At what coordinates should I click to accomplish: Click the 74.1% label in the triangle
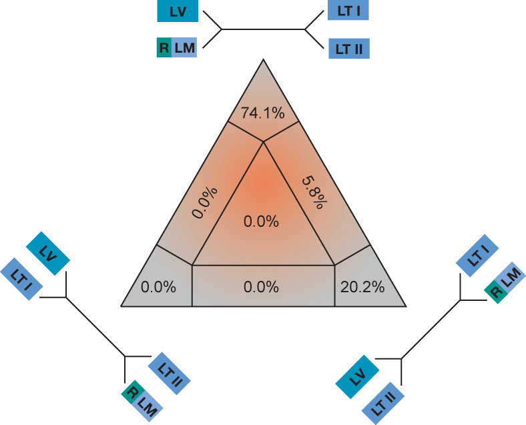click(x=263, y=113)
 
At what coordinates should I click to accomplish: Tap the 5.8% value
click(x=314, y=193)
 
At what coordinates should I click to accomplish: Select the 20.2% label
click(x=362, y=288)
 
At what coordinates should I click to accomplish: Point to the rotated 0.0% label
click(x=205, y=202)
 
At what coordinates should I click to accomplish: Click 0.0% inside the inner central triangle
click(x=261, y=222)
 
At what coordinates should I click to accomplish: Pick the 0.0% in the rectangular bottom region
click(x=261, y=288)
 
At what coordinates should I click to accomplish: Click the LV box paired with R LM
click(x=178, y=11)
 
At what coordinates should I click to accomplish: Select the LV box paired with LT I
click(x=48, y=254)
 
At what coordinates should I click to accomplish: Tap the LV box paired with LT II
click(x=357, y=377)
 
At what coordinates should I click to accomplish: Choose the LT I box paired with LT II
click(x=348, y=11)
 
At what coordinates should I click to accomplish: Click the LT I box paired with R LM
click(x=477, y=256)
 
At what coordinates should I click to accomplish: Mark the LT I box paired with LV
click(x=21, y=279)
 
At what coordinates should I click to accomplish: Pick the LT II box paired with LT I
click(x=349, y=49)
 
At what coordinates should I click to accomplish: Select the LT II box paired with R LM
click(x=169, y=374)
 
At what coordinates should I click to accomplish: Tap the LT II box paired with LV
click(x=383, y=403)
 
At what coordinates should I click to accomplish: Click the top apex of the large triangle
click(x=264, y=59)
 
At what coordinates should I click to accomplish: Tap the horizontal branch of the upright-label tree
click(x=264, y=29)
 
